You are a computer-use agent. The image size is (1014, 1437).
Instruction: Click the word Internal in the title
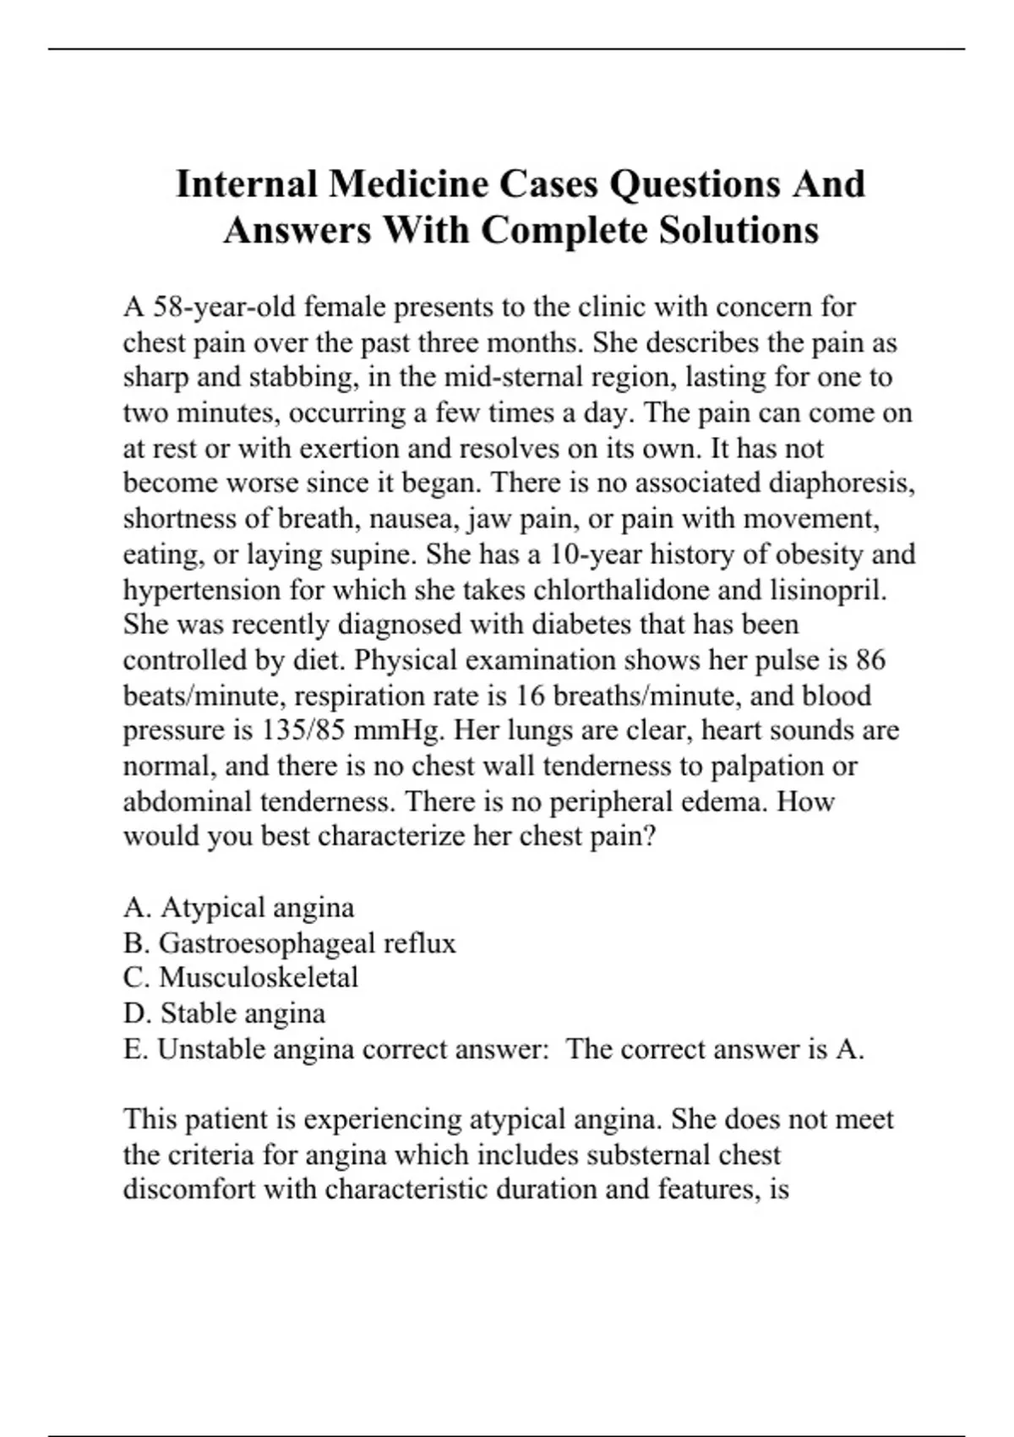click(x=246, y=184)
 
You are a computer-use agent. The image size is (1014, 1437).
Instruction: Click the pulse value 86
click(x=870, y=660)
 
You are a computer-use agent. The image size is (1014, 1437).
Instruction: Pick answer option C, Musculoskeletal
click(x=241, y=978)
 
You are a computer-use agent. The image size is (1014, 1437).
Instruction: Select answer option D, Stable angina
click(x=224, y=1014)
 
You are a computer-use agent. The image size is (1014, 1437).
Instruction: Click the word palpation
click(x=766, y=767)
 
